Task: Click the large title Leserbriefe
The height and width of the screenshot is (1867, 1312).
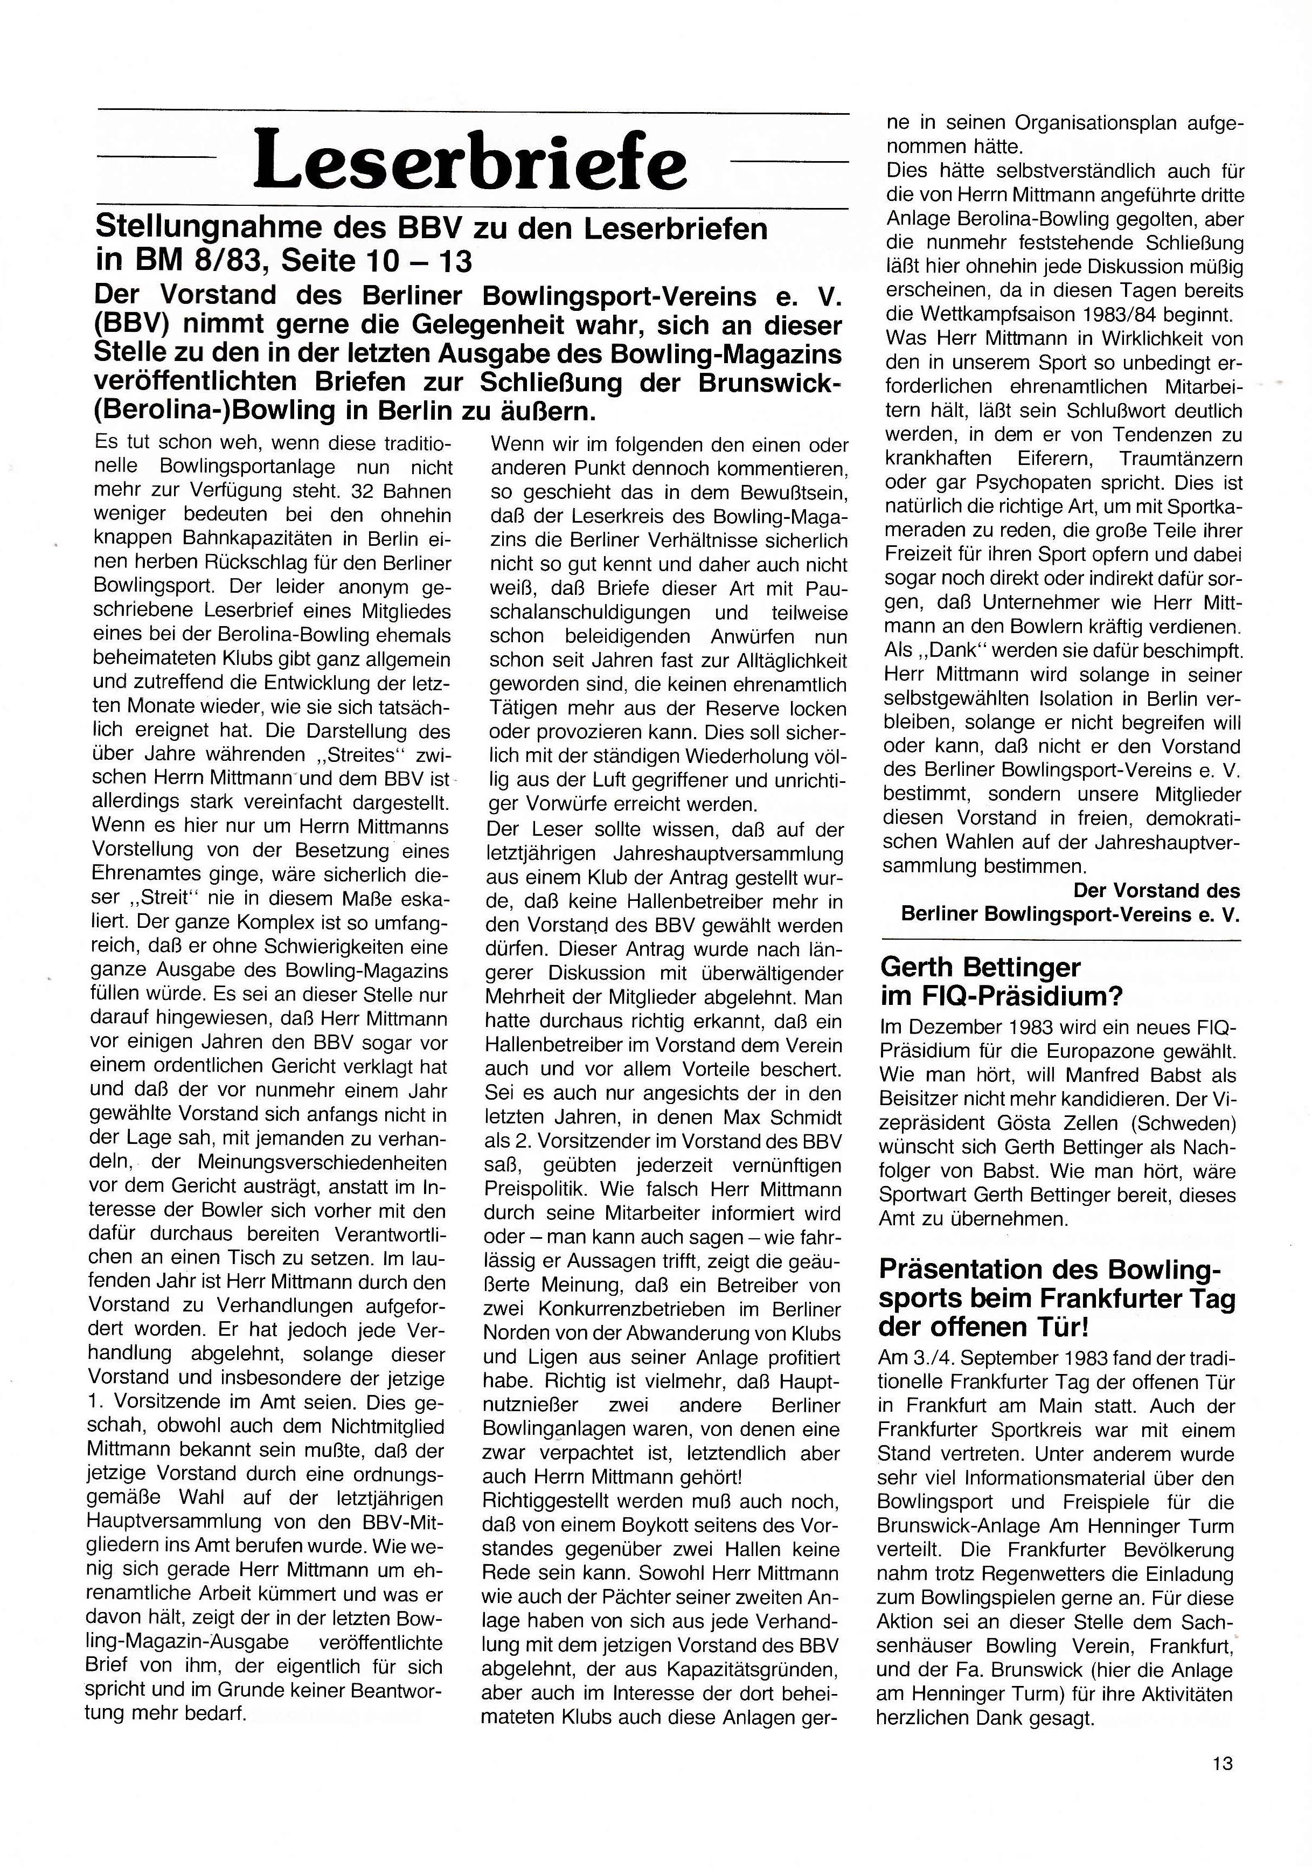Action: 470,159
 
